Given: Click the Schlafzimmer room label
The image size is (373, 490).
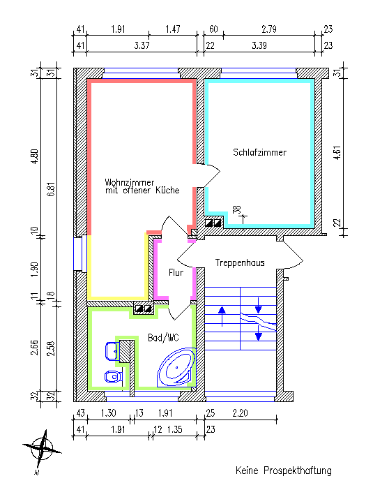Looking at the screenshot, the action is coord(259,152).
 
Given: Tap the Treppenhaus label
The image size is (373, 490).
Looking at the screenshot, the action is coord(240,262).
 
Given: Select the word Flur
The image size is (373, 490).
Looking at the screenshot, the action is coord(176,272).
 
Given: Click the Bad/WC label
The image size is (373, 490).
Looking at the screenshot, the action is coord(163,338).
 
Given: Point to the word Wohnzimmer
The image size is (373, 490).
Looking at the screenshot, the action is coord(129,182).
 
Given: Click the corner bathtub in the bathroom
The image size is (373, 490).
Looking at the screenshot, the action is coord(176,367).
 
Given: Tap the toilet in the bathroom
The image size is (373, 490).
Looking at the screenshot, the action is coord(113,376).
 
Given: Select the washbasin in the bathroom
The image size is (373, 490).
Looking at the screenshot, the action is coord(112,351).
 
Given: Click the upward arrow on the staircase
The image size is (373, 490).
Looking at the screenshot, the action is coord(222,316).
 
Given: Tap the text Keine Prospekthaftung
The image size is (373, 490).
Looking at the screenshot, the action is coord(284,470).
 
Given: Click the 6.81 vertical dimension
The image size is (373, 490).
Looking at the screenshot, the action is coord(52,188).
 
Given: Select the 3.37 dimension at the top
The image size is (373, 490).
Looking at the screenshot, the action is coord(142,45).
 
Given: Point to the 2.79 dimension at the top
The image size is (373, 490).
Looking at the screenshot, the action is coord(268,29).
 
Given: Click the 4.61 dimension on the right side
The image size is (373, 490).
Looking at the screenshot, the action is coord(337,153).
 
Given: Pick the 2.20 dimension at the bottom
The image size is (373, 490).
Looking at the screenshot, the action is coord(240,413).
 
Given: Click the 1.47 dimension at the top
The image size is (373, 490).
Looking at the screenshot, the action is coord(173,29).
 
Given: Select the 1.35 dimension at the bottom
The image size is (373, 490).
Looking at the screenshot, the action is coord(174,429).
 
